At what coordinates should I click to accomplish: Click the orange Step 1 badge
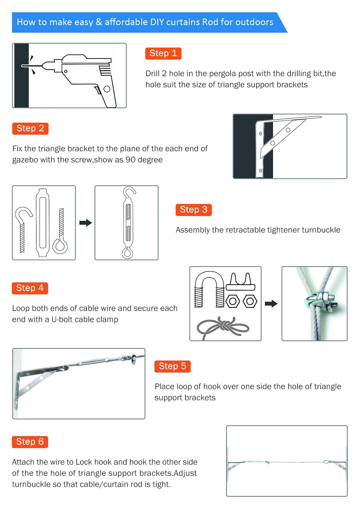point(163,53)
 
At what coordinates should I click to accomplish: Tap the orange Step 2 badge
point(30,128)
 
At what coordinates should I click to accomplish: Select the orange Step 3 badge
point(193,210)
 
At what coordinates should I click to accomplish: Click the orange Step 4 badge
point(30,288)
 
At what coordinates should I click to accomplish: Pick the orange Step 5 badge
point(172,366)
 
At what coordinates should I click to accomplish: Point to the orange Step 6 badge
point(30,442)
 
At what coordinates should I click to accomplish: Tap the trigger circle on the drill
point(107,89)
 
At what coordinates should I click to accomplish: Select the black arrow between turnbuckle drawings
point(86,223)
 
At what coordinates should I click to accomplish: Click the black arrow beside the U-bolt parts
point(271,304)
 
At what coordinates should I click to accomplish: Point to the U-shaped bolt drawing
point(209,288)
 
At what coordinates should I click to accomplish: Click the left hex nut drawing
point(233,301)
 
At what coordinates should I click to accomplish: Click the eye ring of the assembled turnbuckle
point(127,253)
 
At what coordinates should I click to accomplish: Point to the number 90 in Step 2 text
point(131,160)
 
